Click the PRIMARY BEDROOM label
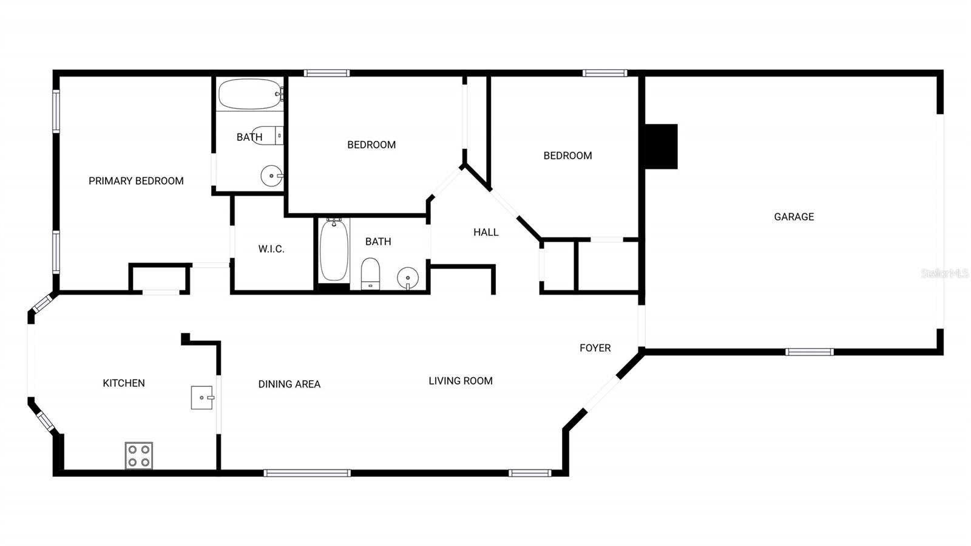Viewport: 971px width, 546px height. (x=136, y=181)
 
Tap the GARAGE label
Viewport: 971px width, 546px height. (x=794, y=217)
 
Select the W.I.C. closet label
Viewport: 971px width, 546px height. (x=271, y=249)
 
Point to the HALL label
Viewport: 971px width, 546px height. (x=486, y=232)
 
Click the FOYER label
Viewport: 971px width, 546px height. (x=595, y=348)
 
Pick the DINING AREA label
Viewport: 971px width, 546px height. (x=289, y=384)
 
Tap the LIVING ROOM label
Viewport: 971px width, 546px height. (x=461, y=381)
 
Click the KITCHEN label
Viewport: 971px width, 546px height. (x=124, y=383)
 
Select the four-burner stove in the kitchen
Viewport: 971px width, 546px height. (x=139, y=456)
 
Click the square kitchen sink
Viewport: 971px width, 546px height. (x=202, y=397)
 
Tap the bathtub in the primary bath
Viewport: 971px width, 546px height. (x=250, y=94)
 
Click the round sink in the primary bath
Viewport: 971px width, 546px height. (x=271, y=176)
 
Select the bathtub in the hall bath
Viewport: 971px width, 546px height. (x=334, y=250)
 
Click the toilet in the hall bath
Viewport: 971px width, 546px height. (x=370, y=274)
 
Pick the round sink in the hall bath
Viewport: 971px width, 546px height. (x=408, y=278)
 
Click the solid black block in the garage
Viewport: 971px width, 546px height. (x=661, y=146)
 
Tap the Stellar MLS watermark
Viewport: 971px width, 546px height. (x=944, y=273)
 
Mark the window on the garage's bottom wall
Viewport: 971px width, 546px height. (x=809, y=352)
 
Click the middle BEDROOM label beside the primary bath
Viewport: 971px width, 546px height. (x=371, y=145)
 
